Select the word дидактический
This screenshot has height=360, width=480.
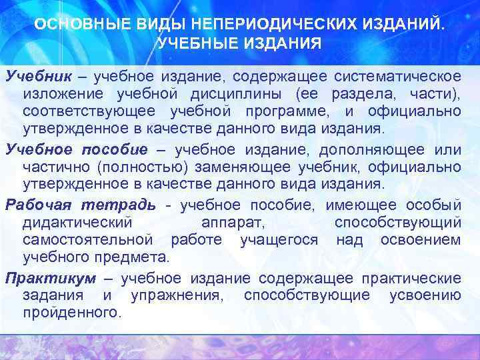(x=78, y=221)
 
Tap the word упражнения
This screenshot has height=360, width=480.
(x=177, y=295)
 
